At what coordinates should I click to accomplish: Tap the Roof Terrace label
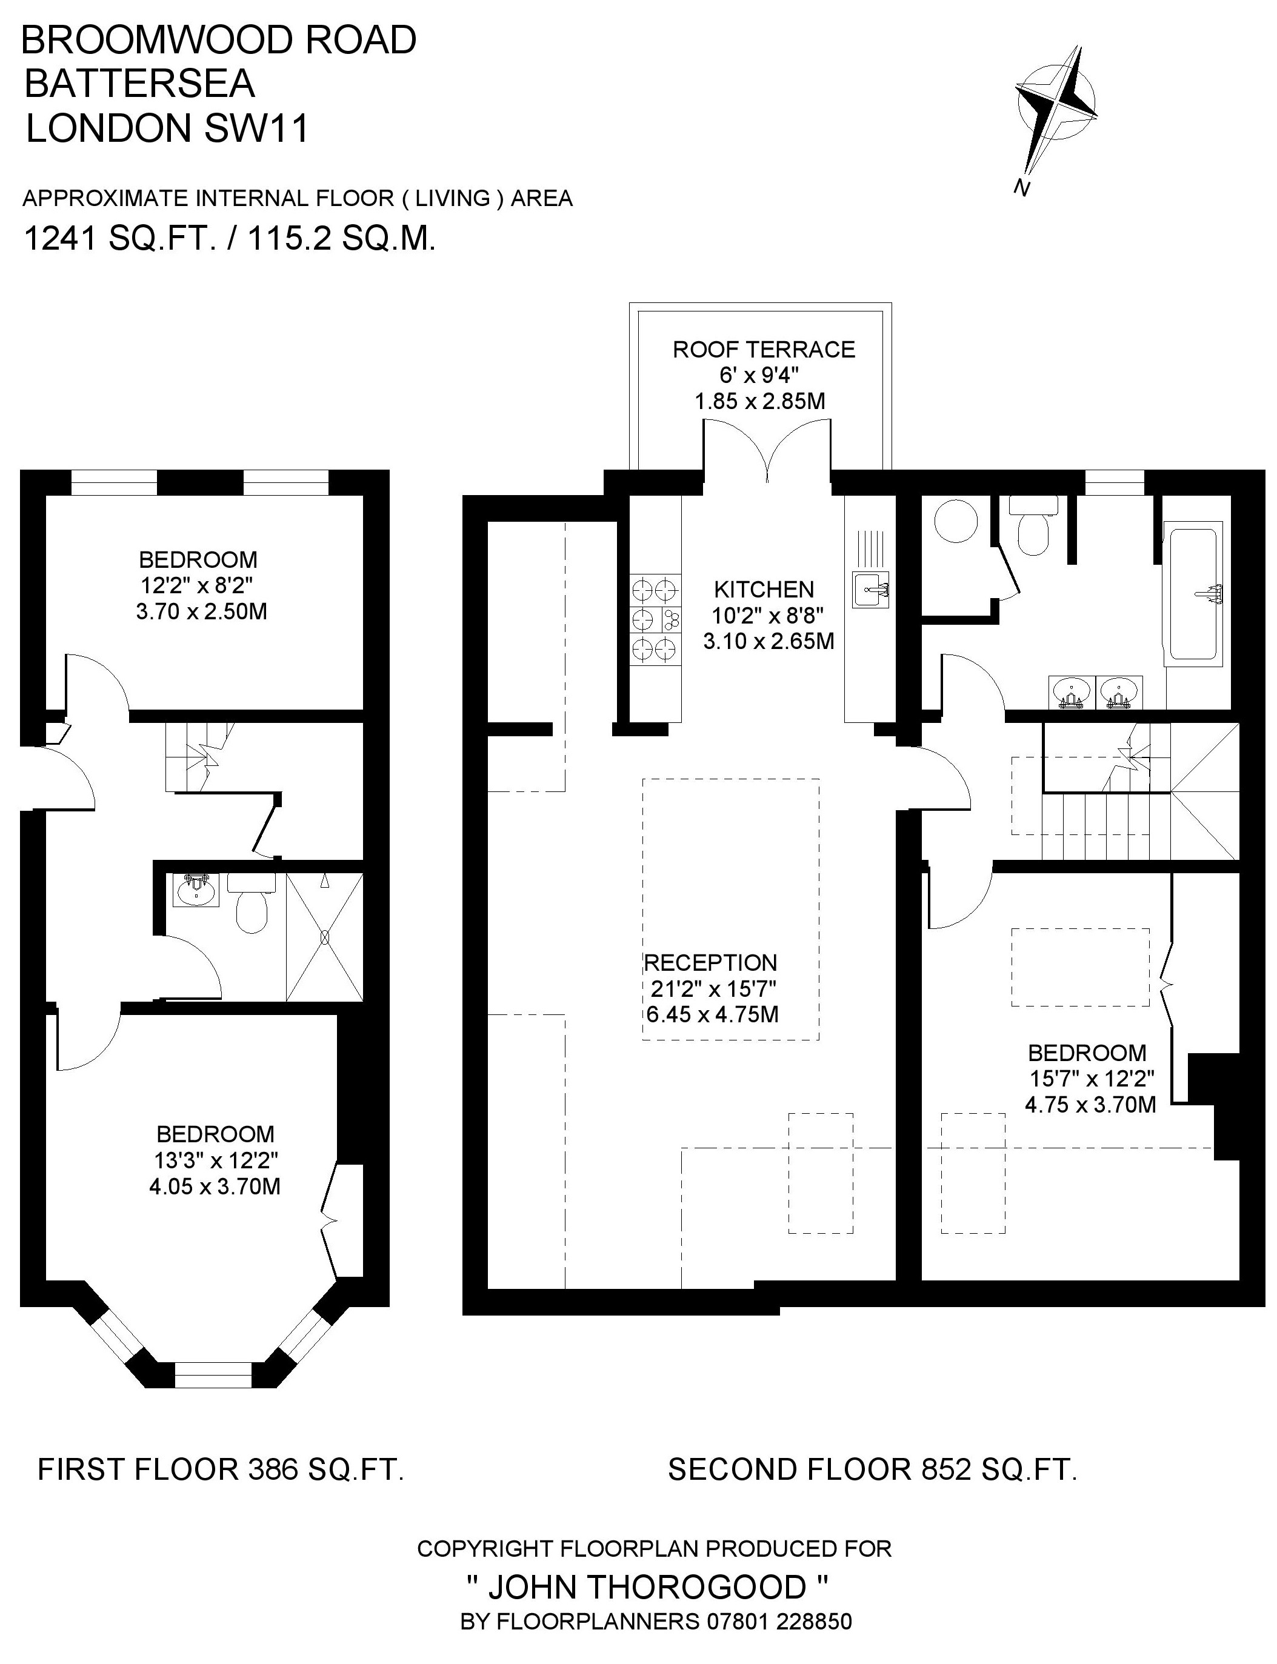coord(764,350)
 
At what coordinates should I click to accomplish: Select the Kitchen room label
coord(764,589)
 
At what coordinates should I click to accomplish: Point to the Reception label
coord(711,963)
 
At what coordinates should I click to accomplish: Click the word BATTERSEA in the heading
coord(140,84)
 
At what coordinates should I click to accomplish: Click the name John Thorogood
coord(647,1587)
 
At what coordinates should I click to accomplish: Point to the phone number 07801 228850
coord(780,1622)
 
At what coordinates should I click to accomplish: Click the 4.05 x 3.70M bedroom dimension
coord(215,1186)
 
